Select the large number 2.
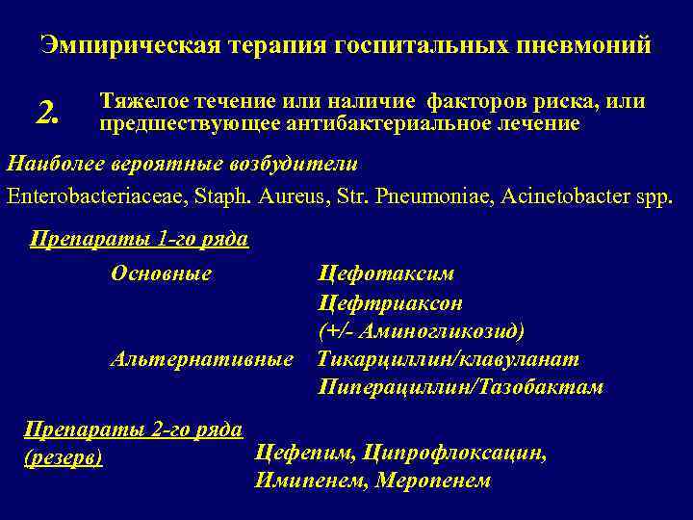click(x=48, y=115)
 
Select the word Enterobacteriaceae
click(x=87, y=196)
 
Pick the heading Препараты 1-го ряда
click(x=140, y=239)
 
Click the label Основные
click(x=161, y=273)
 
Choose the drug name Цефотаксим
click(x=386, y=273)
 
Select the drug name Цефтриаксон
click(x=390, y=302)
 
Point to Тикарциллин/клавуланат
click(x=449, y=359)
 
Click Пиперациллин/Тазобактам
click(x=460, y=387)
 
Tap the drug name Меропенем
click(x=433, y=480)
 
